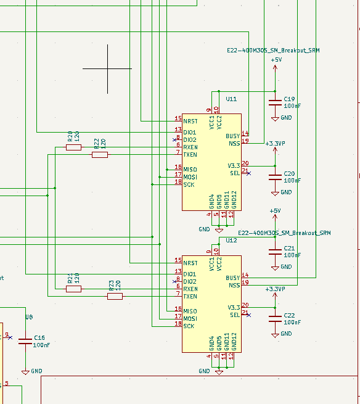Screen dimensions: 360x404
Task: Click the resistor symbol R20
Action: [73, 147]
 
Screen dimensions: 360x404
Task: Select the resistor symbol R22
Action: [100, 155]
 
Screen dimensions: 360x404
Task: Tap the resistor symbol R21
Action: [73, 289]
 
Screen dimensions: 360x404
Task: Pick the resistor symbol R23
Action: [115, 296]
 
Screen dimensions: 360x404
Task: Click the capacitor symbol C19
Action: [275, 103]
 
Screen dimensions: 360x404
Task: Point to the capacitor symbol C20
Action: [275, 177]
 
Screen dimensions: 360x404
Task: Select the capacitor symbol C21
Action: [275, 252]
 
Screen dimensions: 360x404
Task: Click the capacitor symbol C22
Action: [275, 319]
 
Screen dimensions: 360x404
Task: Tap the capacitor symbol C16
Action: [25, 341]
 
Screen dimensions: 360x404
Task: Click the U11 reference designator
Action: [231, 99]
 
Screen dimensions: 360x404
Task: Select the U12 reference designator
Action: [231, 241]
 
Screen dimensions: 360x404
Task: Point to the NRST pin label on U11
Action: [190, 121]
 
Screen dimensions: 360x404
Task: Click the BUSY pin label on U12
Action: [233, 278]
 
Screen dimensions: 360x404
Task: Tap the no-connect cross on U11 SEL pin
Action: [248, 173]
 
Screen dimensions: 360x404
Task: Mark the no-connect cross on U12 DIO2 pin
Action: [174, 282]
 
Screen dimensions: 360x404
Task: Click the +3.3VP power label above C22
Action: [275, 289]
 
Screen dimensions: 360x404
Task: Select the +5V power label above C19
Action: [276, 60]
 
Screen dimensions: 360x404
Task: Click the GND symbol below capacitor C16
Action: [25, 373]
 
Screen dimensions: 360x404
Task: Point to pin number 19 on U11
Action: [245, 141]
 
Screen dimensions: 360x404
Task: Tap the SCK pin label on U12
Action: [189, 326]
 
